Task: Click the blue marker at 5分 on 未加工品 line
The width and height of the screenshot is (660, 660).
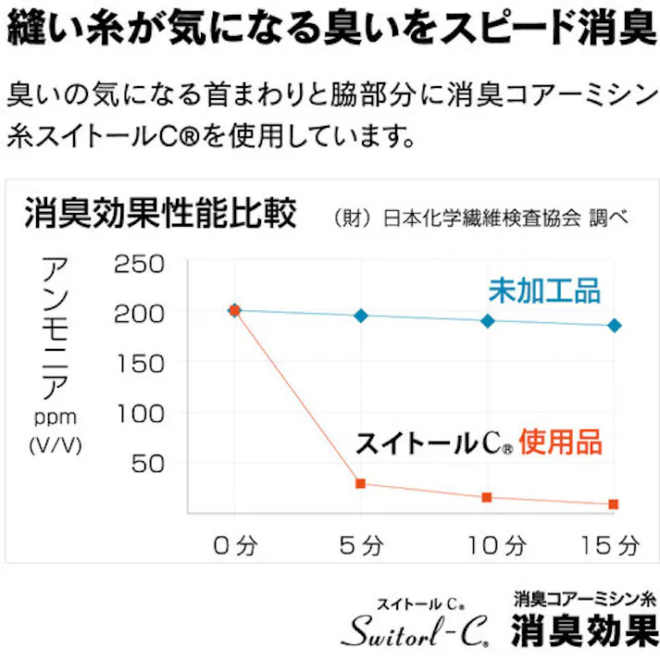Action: coord(361,316)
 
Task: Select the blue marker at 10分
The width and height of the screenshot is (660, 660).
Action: coord(488,321)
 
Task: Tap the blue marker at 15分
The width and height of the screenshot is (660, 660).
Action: coord(615,326)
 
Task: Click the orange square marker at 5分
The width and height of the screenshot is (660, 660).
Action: coord(361,483)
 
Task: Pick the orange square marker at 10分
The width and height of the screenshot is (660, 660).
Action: coord(488,498)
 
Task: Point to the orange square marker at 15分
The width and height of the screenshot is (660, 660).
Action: coord(614,504)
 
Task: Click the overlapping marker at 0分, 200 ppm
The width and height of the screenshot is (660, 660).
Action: coord(234,310)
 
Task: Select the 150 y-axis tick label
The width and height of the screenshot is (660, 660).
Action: coord(139,364)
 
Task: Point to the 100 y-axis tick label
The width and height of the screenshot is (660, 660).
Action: coord(139,414)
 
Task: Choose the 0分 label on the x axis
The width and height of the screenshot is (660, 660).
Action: coord(234,545)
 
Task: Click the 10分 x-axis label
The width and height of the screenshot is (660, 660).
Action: coord(488,545)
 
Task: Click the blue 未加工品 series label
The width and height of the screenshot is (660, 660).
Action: coord(544,291)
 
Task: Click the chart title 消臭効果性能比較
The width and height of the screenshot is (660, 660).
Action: coord(160,216)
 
